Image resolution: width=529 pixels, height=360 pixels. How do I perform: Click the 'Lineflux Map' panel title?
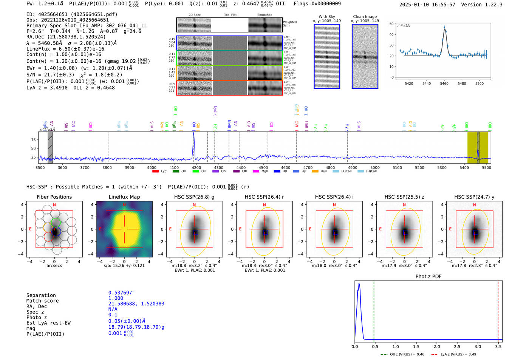click(124, 197)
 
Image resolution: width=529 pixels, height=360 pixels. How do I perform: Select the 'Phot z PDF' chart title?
click(428, 276)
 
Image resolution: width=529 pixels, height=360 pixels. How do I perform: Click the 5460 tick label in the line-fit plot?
click(444, 83)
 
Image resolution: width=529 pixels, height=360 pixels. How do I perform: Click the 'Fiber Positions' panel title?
click(54, 197)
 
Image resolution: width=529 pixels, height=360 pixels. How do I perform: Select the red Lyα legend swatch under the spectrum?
click(155, 172)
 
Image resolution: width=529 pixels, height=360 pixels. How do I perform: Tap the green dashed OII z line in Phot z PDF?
click(374, 310)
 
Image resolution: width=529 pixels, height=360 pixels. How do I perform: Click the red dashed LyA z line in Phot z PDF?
click(498, 310)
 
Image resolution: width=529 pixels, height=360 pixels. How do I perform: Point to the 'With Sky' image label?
click(326, 17)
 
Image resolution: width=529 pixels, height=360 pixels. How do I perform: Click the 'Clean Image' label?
click(365, 17)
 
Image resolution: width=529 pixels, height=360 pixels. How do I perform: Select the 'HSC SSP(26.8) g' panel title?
click(194, 197)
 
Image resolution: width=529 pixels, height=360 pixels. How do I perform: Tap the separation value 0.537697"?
click(121, 293)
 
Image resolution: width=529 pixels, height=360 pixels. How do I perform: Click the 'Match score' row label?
click(42, 301)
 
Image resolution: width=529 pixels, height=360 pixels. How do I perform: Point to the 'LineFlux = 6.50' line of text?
click(65, 49)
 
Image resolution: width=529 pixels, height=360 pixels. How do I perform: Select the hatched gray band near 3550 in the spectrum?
click(50, 147)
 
